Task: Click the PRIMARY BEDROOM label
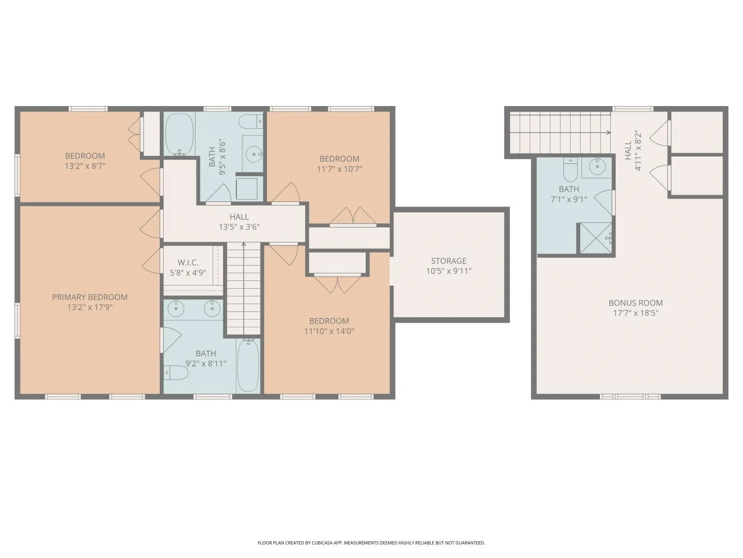point(90,297)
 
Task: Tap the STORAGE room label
point(449,261)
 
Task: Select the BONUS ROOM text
point(636,303)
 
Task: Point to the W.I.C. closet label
point(188,263)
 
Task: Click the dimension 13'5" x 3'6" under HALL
point(239,227)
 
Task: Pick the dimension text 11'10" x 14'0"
point(329,331)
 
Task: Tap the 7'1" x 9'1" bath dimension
point(569,199)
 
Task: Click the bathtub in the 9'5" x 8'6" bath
point(179,134)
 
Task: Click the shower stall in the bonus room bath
point(596,238)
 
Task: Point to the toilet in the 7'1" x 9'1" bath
point(570,169)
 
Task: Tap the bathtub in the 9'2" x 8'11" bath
point(248,365)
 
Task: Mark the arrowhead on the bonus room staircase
point(609,133)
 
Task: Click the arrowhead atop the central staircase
point(244,244)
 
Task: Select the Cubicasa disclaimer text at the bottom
point(371,543)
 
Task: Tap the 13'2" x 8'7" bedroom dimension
point(85,166)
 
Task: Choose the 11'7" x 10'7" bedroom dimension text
point(339,169)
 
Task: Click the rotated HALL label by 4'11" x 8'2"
point(628,150)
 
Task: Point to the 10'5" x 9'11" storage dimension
point(449,271)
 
